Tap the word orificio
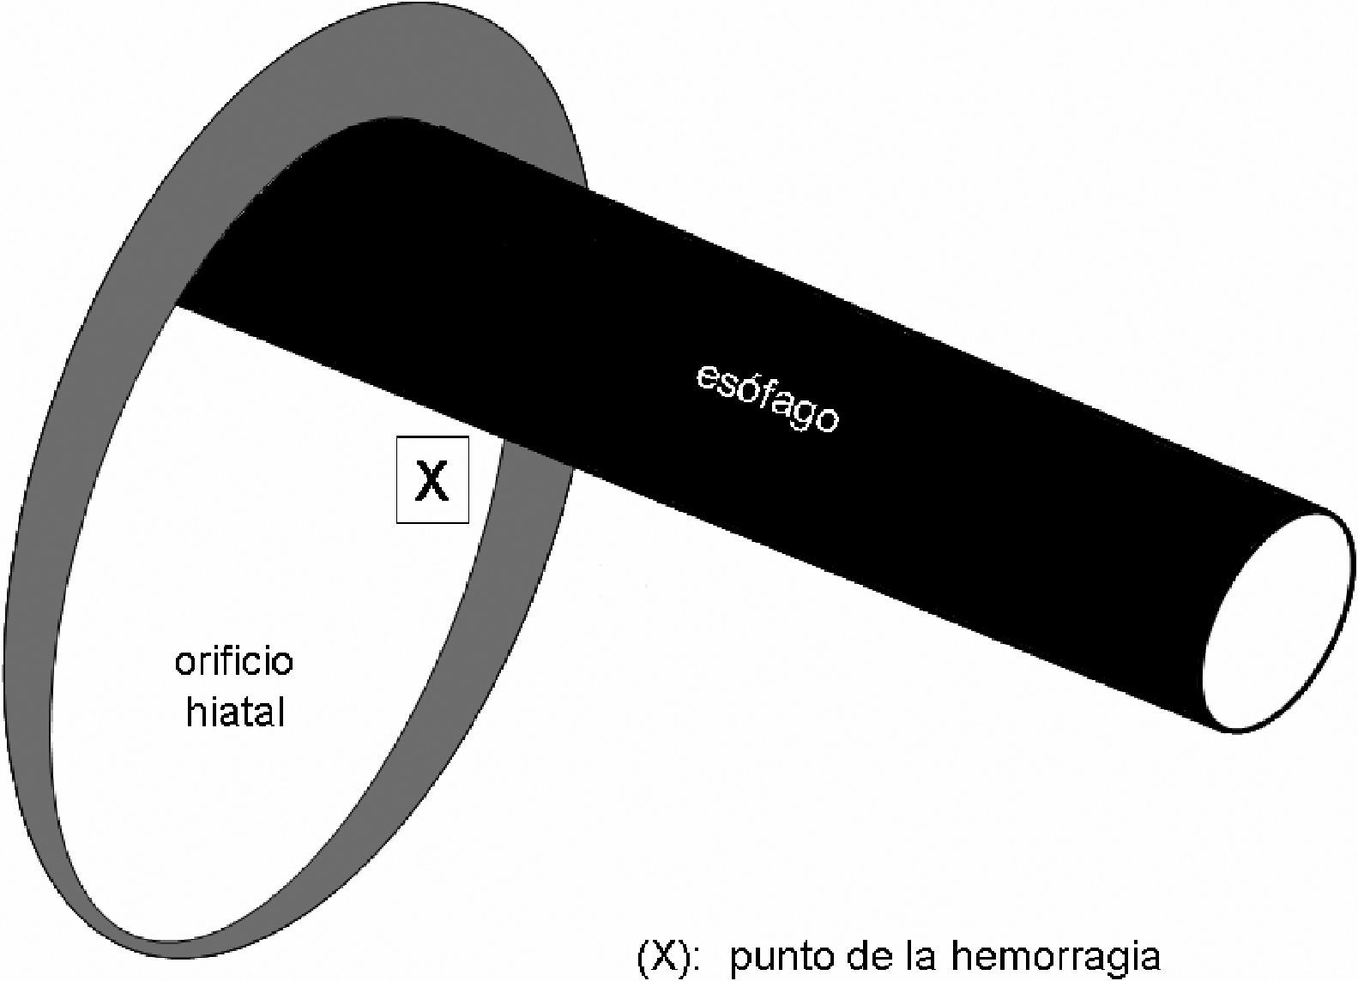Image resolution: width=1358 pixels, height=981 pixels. (x=234, y=661)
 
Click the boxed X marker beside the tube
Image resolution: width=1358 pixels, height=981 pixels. (x=432, y=480)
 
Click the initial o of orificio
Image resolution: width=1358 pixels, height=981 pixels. (x=184, y=663)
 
